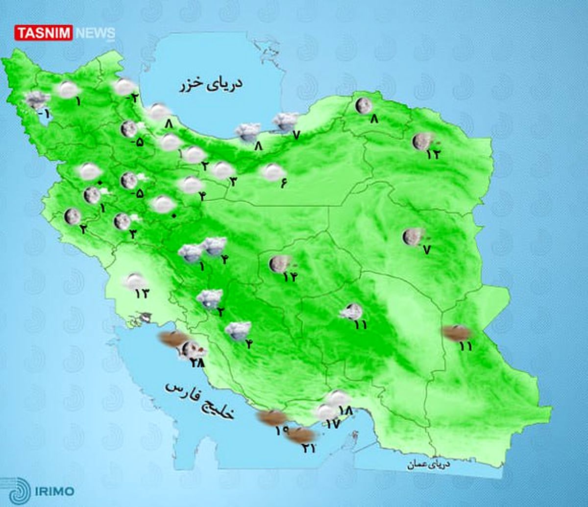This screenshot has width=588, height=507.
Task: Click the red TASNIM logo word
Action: [x=44, y=33]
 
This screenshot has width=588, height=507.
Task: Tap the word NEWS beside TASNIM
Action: [x=95, y=33]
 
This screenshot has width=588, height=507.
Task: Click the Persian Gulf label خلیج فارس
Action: [x=200, y=401]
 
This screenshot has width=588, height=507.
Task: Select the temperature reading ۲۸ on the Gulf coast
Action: [x=197, y=362]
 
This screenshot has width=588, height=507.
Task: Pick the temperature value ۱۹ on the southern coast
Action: [x=282, y=431]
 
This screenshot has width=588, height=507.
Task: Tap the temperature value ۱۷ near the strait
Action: [x=332, y=424]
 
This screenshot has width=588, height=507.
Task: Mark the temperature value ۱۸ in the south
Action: [x=345, y=410]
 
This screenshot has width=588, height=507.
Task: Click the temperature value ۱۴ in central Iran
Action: [x=290, y=277]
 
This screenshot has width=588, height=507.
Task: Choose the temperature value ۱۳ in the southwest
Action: [x=142, y=294]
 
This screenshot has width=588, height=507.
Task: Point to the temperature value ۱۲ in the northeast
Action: [x=434, y=154]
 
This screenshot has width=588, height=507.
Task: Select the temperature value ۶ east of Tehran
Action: [x=283, y=184]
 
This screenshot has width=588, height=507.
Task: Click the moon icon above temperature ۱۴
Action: [x=278, y=264]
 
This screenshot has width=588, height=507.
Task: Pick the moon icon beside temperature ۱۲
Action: [x=420, y=141]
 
